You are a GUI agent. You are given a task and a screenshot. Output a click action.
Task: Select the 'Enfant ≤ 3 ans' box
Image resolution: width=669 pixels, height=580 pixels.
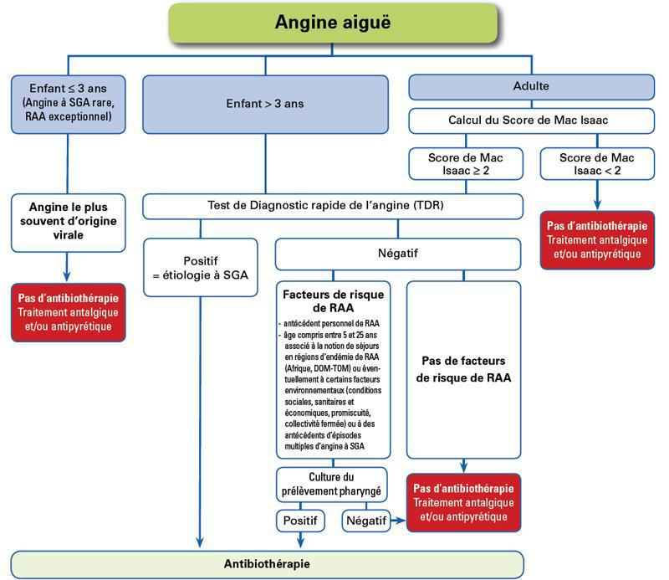tap(68, 104)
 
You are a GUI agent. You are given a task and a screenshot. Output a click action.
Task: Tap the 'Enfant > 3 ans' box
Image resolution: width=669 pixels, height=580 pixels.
tap(265, 105)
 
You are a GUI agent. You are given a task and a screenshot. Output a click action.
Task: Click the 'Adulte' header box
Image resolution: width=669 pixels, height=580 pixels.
tap(531, 86)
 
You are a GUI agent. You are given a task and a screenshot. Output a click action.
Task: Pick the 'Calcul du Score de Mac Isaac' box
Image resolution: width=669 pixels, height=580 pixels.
tap(531, 120)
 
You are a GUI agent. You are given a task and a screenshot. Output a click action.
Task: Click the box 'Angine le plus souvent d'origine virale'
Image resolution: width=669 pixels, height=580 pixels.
tap(68, 222)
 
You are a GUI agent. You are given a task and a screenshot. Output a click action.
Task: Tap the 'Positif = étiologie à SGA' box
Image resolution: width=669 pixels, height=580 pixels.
tap(201, 267)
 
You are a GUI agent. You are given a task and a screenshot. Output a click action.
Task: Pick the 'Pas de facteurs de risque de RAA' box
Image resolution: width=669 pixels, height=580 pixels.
tap(462, 368)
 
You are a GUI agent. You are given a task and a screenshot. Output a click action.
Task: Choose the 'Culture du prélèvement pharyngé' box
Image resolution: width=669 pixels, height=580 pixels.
tap(333, 484)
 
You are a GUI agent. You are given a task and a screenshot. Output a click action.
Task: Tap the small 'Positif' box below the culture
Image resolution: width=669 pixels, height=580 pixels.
tap(299, 521)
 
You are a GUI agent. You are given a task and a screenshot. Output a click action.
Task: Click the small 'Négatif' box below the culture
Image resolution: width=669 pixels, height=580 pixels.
tap(366, 521)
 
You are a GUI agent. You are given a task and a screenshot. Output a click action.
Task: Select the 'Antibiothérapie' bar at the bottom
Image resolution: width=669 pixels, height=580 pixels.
tap(267, 563)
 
